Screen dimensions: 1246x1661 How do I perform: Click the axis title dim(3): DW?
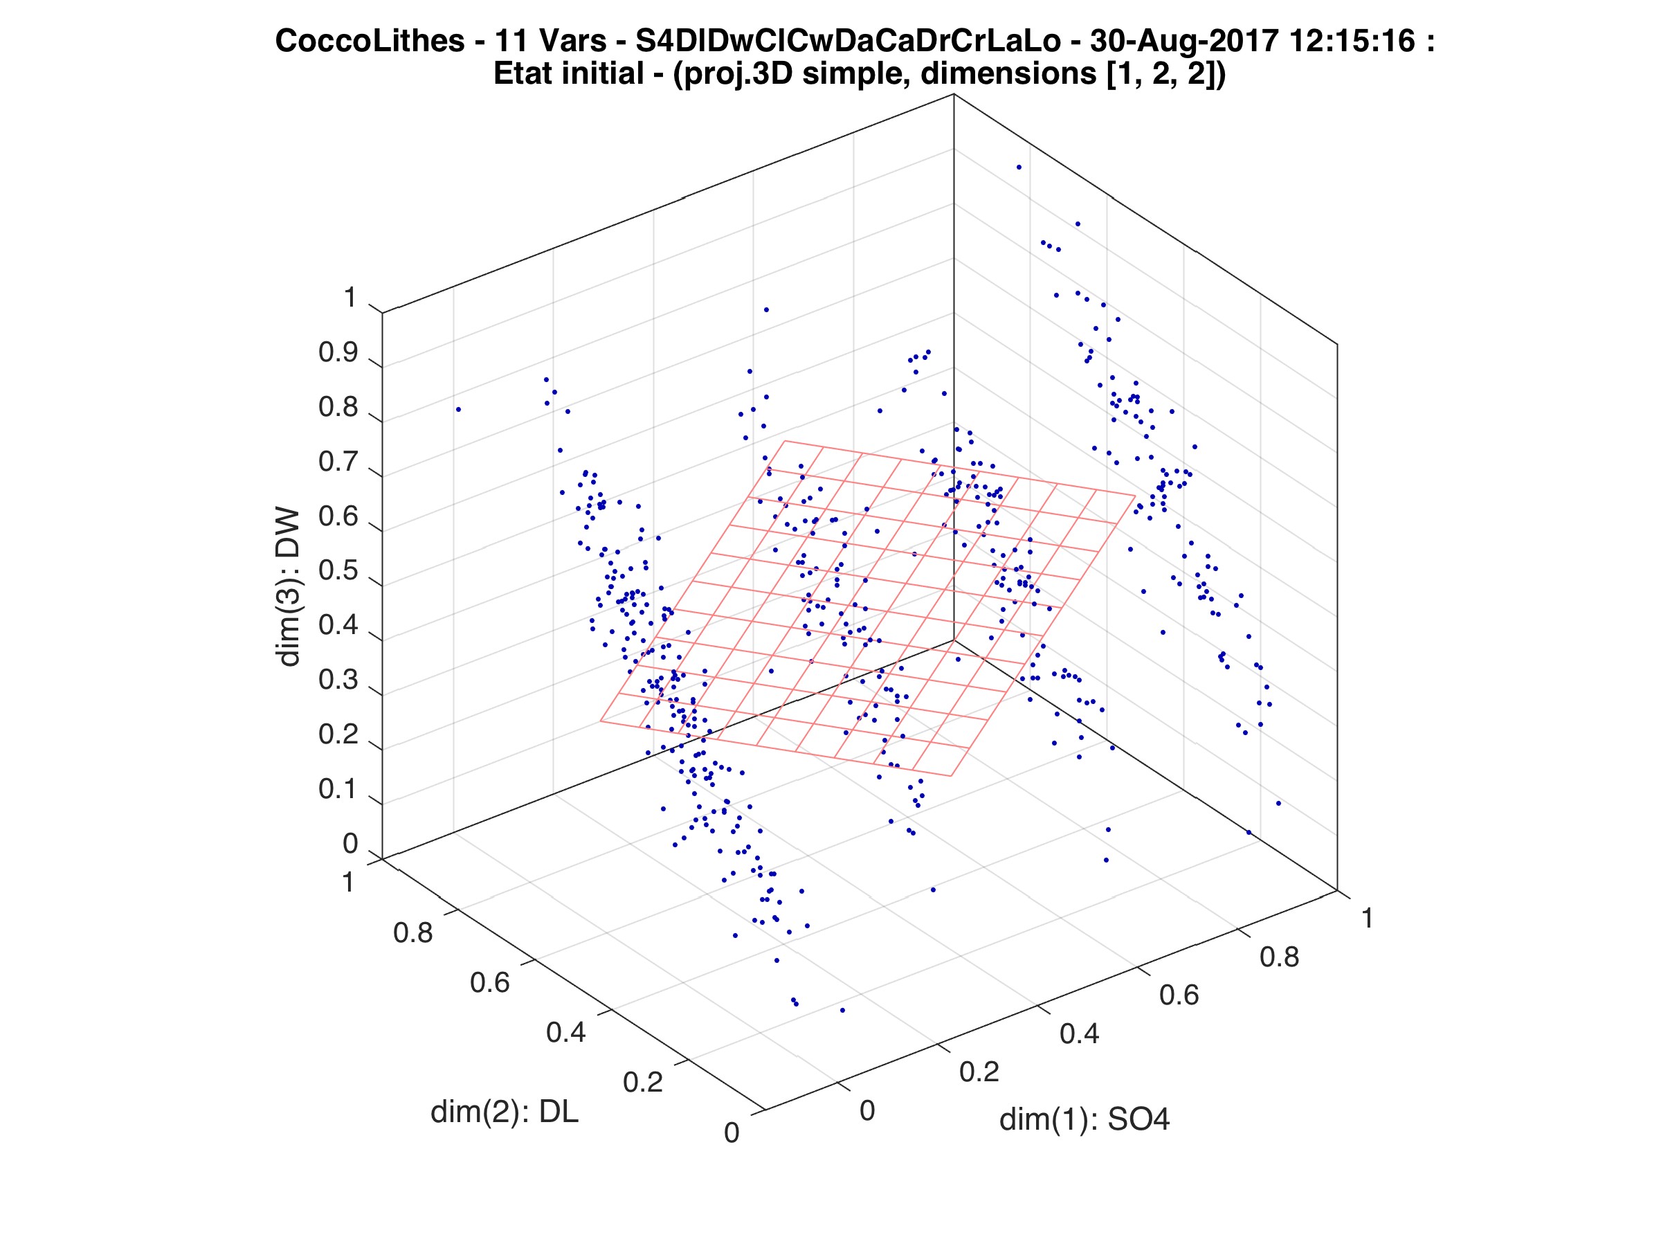[289, 588]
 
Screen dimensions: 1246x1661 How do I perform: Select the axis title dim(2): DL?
[505, 1112]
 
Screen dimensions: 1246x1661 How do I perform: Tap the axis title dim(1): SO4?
[1084, 1120]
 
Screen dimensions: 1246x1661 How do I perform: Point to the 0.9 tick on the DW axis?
[338, 354]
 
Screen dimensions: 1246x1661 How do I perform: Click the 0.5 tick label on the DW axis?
[338, 572]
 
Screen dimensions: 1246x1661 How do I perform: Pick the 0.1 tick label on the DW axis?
[338, 789]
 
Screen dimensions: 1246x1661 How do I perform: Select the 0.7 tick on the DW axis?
[338, 462]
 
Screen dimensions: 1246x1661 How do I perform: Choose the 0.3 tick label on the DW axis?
[338, 680]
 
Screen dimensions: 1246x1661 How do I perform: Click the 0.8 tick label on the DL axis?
[412, 934]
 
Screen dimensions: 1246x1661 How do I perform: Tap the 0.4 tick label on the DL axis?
[565, 1033]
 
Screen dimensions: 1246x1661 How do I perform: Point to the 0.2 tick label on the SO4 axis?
[979, 1072]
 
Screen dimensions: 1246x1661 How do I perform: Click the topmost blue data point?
[1019, 167]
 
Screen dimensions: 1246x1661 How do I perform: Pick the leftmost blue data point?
[458, 409]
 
